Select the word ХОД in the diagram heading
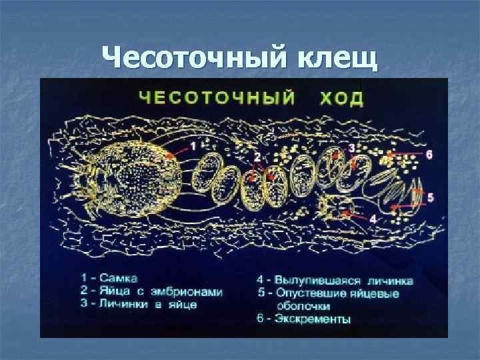(x=341, y=99)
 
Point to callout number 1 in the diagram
(x=193, y=144)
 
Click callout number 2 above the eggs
(x=257, y=157)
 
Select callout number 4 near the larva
(x=373, y=218)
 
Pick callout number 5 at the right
(x=430, y=197)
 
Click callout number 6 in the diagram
(x=429, y=154)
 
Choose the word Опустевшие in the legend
(x=317, y=294)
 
